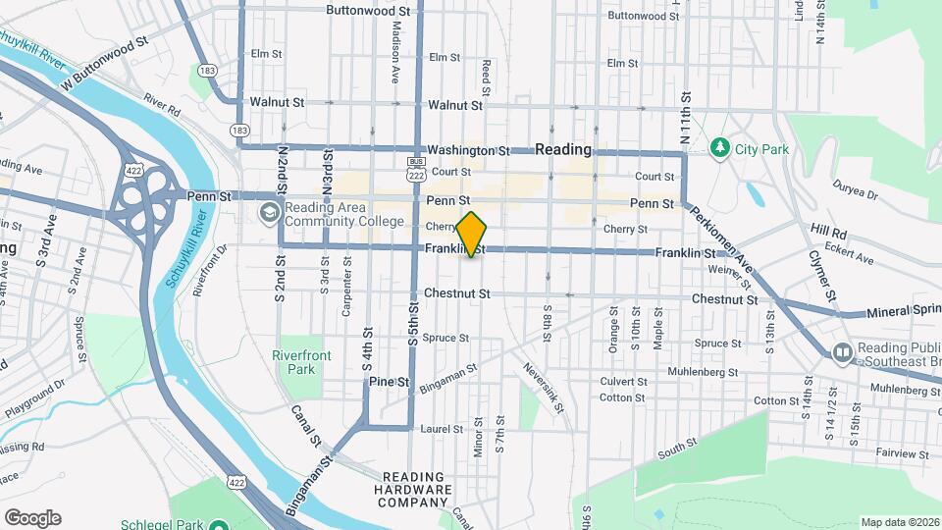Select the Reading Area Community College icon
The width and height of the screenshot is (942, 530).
click(x=269, y=213)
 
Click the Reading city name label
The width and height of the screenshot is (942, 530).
click(x=564, y=149)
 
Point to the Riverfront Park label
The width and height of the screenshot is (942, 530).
click(x=294, y=362)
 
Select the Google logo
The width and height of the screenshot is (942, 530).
click(x=32, y=517)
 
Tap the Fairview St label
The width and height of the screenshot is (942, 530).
click(x=898, y=454)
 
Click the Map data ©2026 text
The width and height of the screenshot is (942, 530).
click(x=900, y=522)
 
